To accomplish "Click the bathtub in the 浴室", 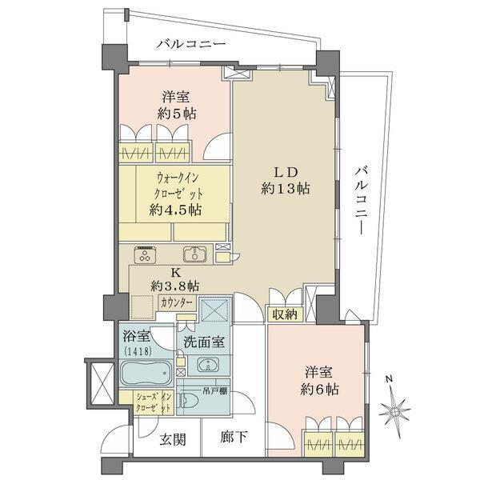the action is (146, 373).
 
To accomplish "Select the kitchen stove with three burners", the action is (145, 254).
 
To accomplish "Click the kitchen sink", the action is (195, 254).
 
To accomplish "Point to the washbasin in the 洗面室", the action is (209, 365).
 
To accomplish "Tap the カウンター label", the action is (177, 303).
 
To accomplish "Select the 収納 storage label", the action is (285, 314).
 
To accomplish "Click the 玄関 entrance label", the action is (173, 440).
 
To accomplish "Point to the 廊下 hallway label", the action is (234, 437).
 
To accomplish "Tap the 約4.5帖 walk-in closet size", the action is (175, 210).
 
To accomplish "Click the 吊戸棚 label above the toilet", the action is (215, 390).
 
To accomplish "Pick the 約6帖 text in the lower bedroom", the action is (319, 390).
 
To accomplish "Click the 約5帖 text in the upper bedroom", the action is (177, 114).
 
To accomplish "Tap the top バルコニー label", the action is (191, 44).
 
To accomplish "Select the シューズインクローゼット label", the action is (153, 402).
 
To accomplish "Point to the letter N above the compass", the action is (389, 379).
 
